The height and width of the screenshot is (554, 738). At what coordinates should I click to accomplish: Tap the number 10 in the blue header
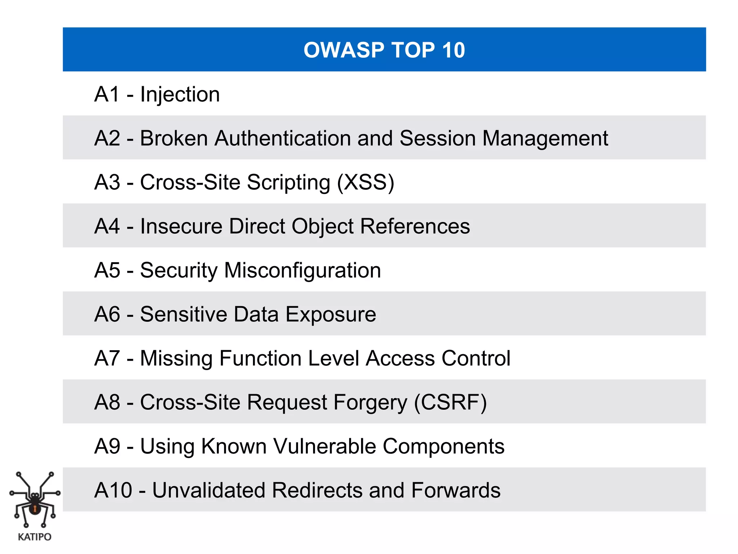point(453,50)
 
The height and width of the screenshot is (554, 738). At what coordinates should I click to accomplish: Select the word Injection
point(180,94)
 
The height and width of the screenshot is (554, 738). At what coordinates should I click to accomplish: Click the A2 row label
point(107,138)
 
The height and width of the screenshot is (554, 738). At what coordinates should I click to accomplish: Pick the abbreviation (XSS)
point(365,182)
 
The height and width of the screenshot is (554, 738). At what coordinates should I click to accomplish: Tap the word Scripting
point(289,183)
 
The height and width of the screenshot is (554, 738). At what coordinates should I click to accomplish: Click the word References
point(415,226)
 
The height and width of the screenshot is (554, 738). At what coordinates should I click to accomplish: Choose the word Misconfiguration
point(302,271)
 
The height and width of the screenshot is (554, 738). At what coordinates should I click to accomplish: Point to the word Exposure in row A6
point(331,315)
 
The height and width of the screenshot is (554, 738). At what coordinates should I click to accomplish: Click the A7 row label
point(107,358)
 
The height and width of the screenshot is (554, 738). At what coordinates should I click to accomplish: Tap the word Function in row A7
point(261,358)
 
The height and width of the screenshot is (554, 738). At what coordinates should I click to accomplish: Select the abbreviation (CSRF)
point(450,402)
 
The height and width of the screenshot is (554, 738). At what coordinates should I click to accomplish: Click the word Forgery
point(370,403)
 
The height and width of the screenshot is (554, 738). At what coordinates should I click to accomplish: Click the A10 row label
point(113,490)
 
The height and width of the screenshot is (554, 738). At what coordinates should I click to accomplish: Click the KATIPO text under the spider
point(35,537)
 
